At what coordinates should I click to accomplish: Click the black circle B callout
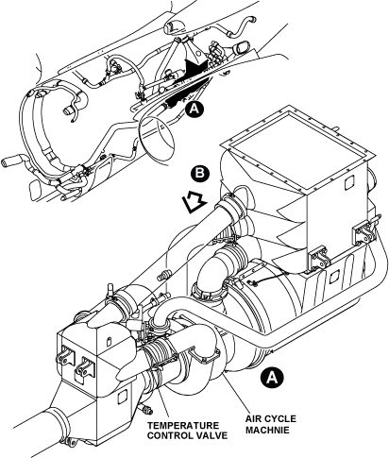point(200,173)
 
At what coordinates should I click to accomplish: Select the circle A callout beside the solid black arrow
point(194,109)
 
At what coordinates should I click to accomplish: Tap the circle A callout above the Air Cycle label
point(272,377)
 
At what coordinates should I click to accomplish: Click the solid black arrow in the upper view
point(196,68)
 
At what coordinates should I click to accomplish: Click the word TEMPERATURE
point(183,426)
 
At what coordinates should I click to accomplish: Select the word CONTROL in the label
point(170,436)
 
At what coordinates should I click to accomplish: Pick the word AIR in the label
point(255,419)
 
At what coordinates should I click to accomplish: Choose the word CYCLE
point(280,419)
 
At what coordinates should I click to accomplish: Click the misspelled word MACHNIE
point(267,430)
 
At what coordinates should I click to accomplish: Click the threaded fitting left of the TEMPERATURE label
point(146,409)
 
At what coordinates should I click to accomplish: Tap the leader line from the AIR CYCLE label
point(238,393)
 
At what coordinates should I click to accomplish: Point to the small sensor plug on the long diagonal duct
point(163,275)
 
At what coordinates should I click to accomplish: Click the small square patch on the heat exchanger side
point(349,183)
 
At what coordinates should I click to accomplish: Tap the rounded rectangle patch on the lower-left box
point(122,397)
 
